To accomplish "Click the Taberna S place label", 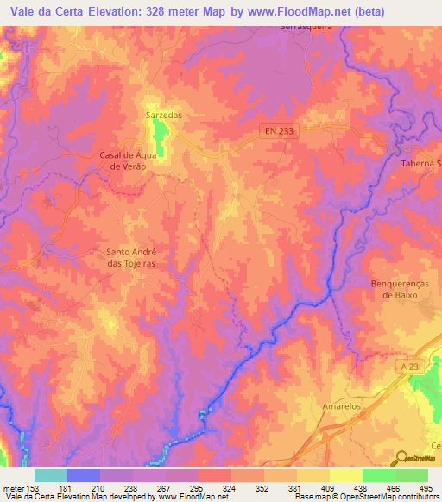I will click(420, 163).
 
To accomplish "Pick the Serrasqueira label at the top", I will click(307, 27).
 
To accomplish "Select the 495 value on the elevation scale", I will click(426, 487).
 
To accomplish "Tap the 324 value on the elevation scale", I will click(230, 487).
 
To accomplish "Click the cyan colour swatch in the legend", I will click(51, 475).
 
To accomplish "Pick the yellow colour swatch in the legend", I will click(346, 475).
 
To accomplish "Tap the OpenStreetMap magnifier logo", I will click(403, 459).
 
